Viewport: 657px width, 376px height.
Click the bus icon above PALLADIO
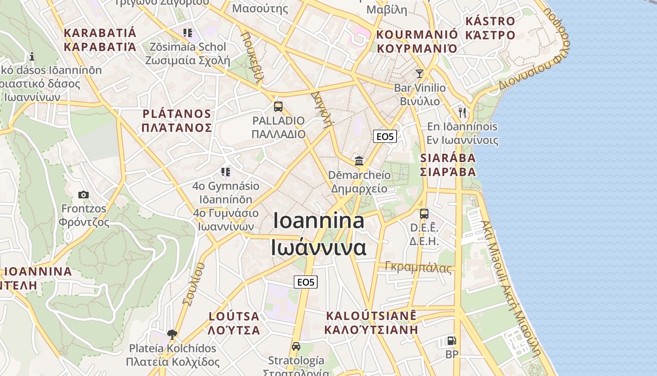coord(278,107)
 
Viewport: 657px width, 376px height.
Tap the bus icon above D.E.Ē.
coord(424,214)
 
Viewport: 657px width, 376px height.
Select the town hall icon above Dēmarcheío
coord(359,161)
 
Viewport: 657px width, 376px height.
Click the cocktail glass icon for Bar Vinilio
coord(420,74)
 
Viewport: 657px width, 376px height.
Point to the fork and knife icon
coord(463,112)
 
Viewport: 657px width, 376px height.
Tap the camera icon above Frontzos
coord(84,195)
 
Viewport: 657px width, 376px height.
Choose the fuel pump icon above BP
coord(451,341)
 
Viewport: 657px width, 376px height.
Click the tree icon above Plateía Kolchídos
coord(172,335)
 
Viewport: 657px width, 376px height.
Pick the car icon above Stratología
coord(296,346)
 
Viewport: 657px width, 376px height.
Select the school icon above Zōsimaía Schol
coord(188,33)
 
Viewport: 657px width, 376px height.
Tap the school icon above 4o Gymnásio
coord(226,172)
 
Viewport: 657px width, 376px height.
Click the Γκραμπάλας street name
coord(418,267)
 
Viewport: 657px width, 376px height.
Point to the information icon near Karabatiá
coord(32,57)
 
